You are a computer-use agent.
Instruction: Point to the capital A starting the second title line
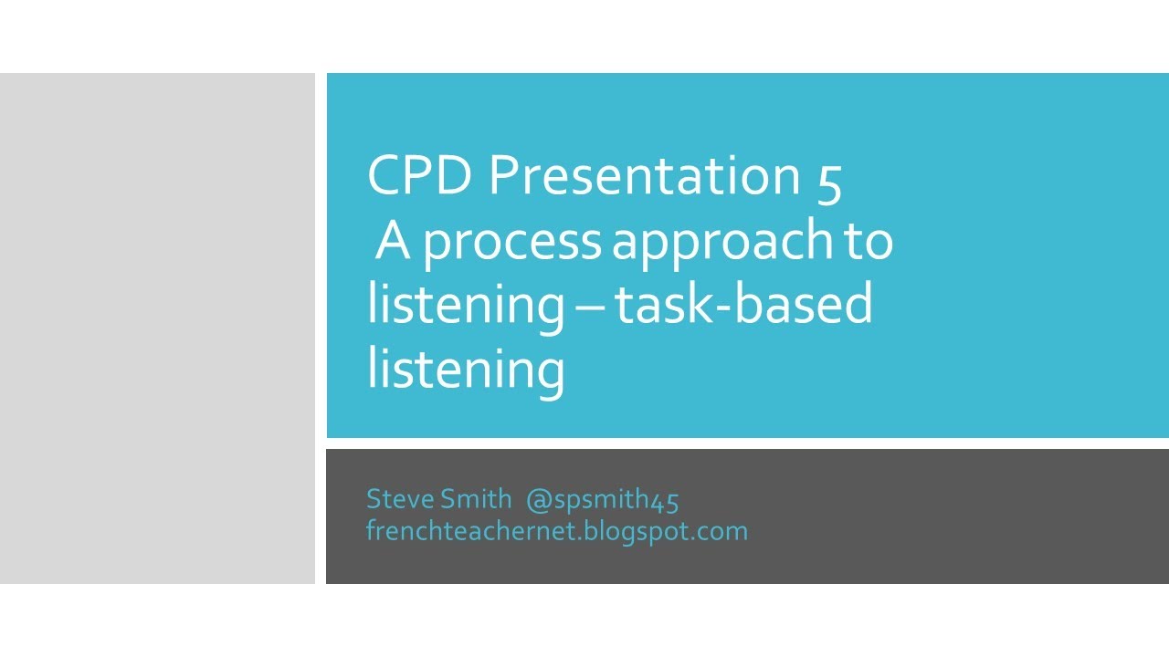coord(392,241)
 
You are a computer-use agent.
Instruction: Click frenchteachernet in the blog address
coord(472,530)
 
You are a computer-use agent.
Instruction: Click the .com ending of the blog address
coord(727,530)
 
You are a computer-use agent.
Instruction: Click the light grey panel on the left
coord(157,328)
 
